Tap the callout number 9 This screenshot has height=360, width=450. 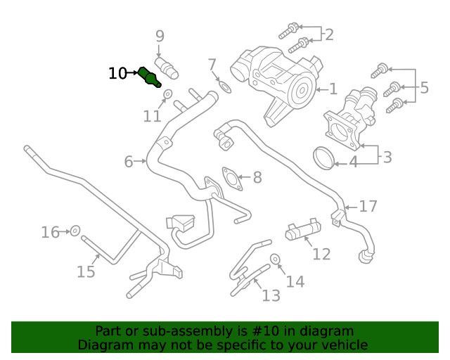[x=160, y=36]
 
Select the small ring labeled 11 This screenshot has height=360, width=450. [x=168, y=94]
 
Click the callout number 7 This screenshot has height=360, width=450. [x=212, y=65]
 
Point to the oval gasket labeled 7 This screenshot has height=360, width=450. [x=224, y=86]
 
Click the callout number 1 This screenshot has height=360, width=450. [x=333, y=89]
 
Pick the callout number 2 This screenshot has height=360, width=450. [x=328, y=34]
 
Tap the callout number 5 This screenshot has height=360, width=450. [x=424, y=88]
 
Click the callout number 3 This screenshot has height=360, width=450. [x=387, y=155]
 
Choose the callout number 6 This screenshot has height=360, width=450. [x=129, y=162]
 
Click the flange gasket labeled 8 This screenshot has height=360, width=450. [x=229, y=178]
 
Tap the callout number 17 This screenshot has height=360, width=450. [x=368, y=207]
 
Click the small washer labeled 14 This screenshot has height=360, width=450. [x=275, y=259]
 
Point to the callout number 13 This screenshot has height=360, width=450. [x=271, y=296]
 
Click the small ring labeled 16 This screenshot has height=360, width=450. [x=75, y=230]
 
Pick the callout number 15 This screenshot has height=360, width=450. [x=86, y=271]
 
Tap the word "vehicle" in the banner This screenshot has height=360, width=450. [x=344, y=345]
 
